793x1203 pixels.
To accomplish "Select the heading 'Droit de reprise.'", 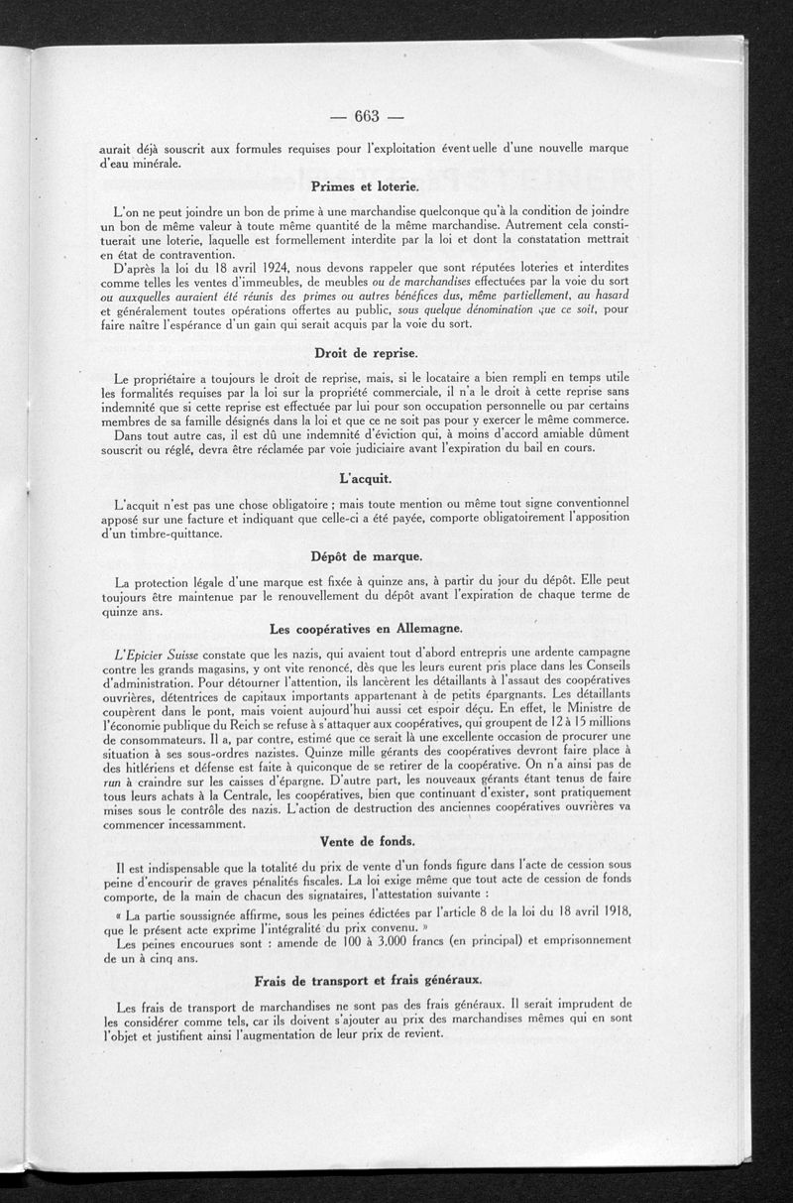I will coord(366,353).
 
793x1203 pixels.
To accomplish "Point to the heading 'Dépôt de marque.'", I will coord(366,555).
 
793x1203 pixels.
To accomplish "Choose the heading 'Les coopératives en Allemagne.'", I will coord(366,630).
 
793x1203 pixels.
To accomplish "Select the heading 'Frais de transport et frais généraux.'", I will coord(368,980).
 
